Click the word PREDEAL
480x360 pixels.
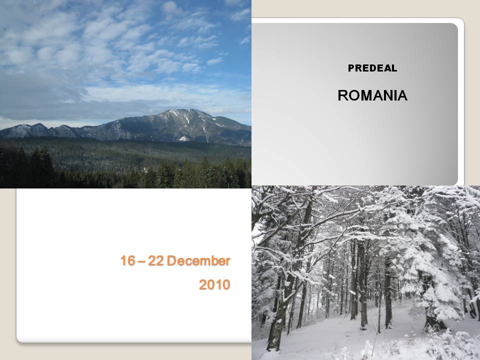[372, 68]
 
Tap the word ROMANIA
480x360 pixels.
[372, 95]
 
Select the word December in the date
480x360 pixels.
[198, 261]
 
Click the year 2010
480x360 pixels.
[214, 284]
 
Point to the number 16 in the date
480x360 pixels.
[127, 261]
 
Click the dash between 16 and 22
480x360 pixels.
[141, 261]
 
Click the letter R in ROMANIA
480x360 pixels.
[343, 95]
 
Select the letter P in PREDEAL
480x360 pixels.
[351, 68]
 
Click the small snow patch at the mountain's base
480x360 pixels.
[183, 138]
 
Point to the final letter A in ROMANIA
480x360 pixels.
[402, 95]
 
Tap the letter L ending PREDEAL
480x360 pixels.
[394, 68]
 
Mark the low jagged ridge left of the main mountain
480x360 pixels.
[40, 130]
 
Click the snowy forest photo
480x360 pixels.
[366, 273]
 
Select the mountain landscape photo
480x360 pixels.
[125, 94]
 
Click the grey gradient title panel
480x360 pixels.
[354, 104]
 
